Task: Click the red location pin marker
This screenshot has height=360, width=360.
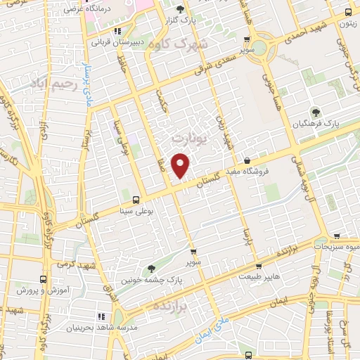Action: [181, 166]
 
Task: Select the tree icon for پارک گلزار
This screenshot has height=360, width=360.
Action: [180, 9]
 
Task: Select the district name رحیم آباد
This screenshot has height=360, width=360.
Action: [52, 83]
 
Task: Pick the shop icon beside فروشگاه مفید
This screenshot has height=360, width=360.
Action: [247, 160]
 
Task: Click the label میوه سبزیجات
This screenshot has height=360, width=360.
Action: [337, 247]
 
